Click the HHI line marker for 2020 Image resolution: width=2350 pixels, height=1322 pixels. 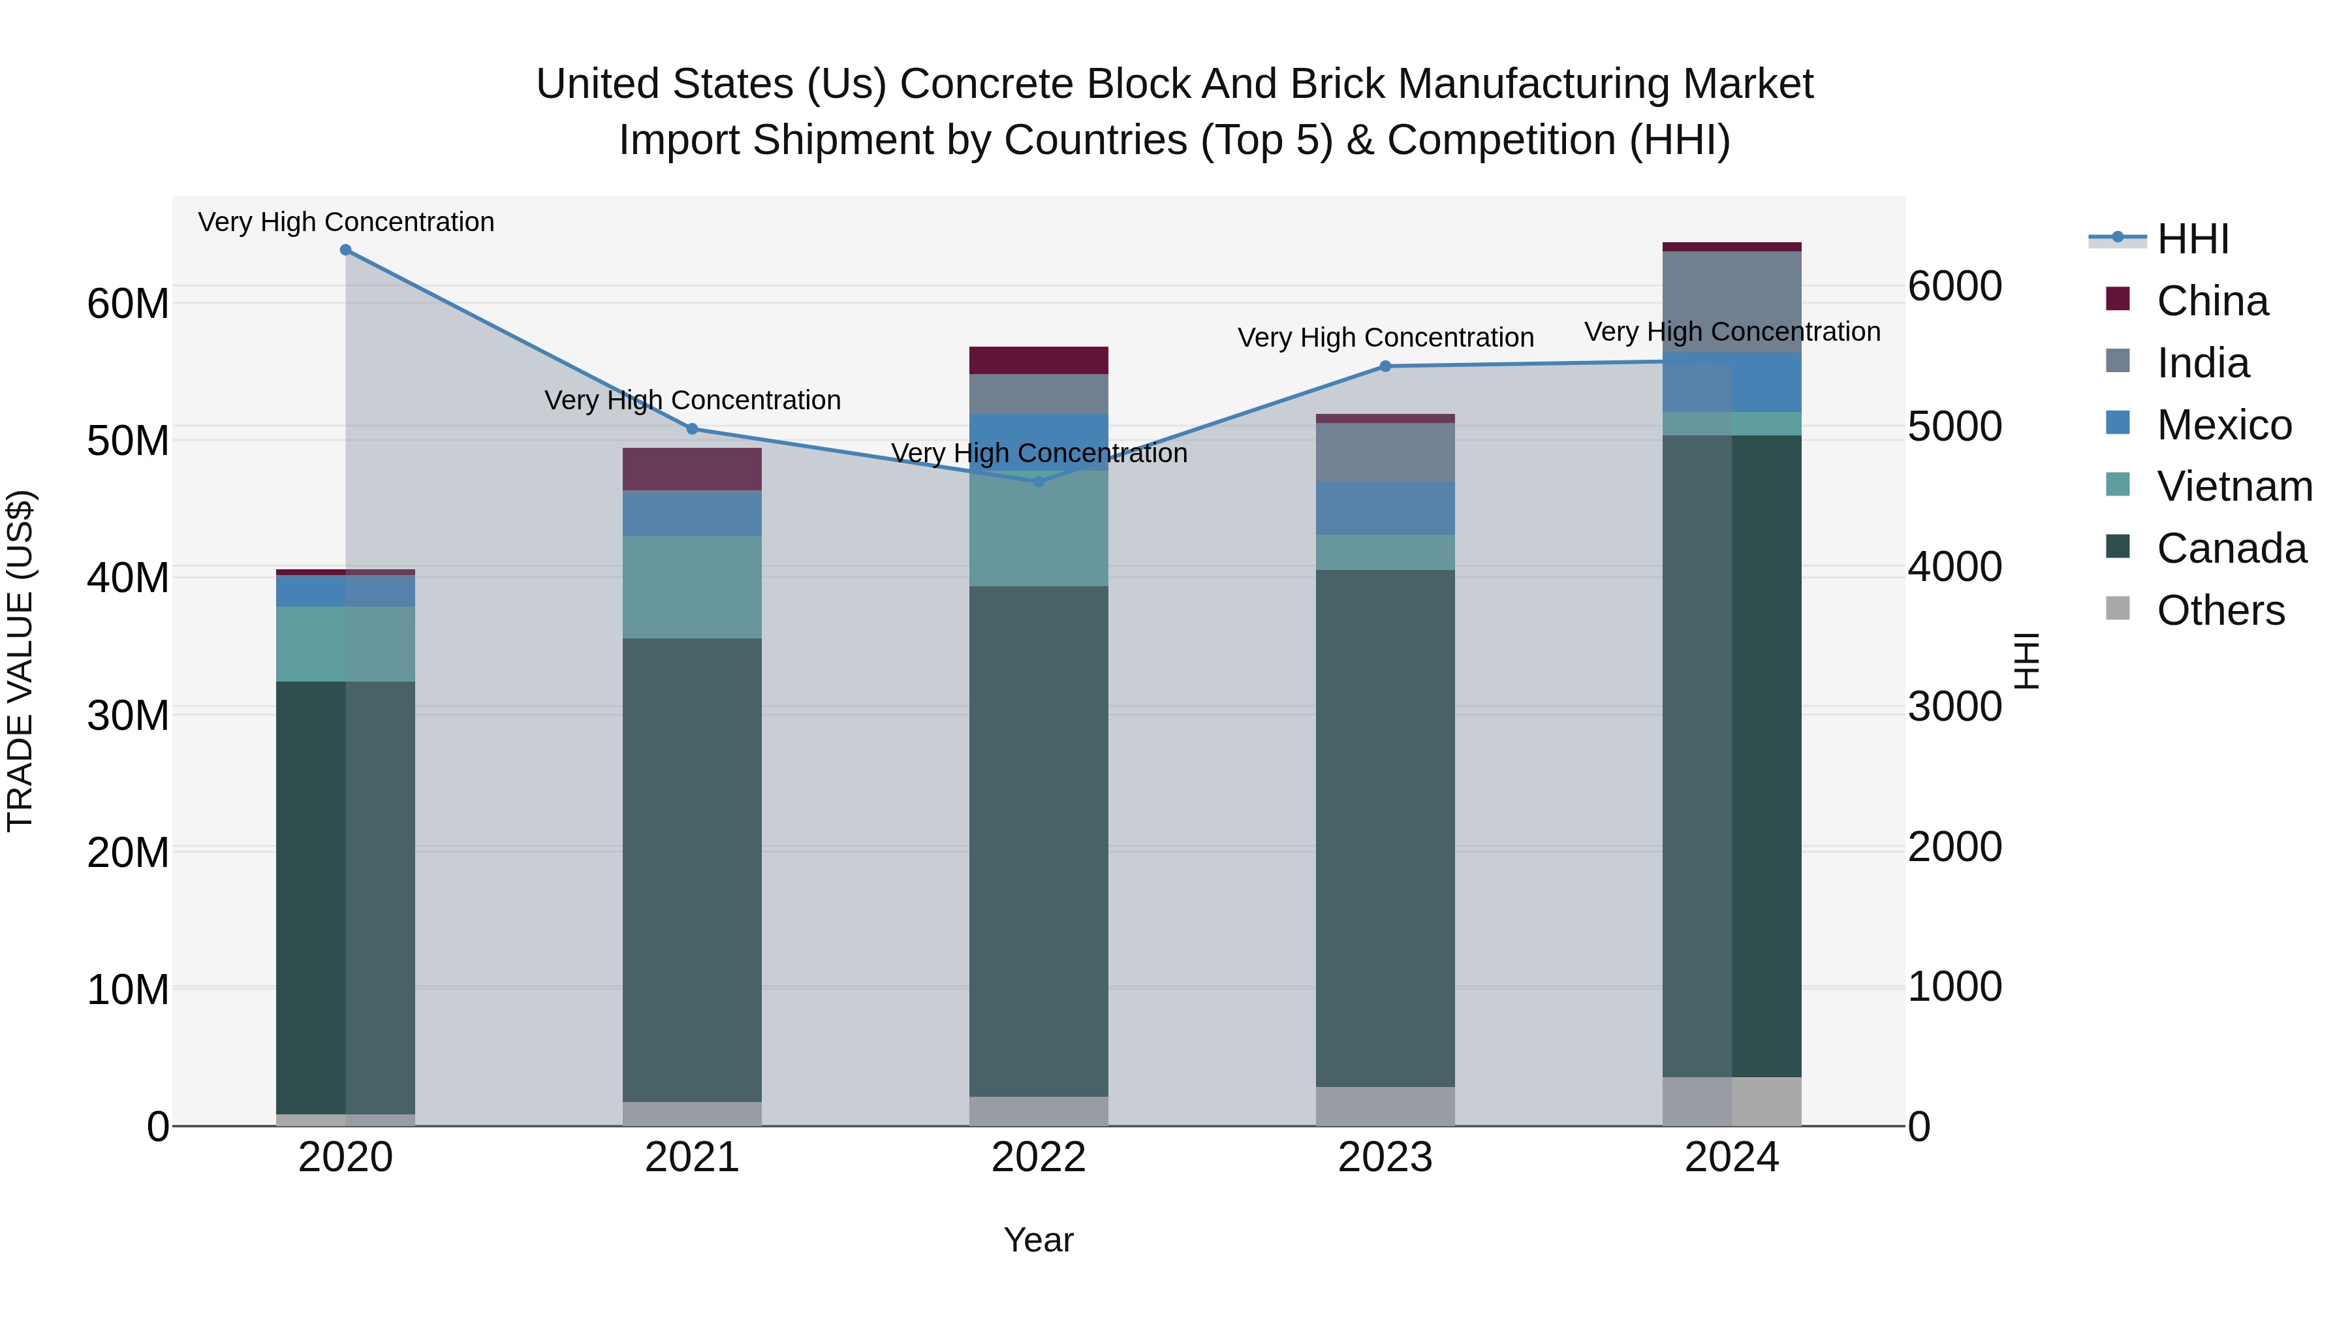click(x=346, y=250)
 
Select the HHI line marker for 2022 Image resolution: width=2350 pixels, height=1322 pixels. click(x=1038, y=482)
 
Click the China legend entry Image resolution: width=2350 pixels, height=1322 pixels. click(x=2212, y=301)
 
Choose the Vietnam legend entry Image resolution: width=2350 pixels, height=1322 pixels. click(x=2233, y=486)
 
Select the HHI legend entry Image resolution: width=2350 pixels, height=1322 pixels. click(x=2192, y=239)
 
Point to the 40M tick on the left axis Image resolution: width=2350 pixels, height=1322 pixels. click(x=128, y=578)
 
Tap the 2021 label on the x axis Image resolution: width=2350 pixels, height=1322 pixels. click(x=691, y=1157)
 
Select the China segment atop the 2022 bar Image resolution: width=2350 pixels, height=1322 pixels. click(x=1038, y=360)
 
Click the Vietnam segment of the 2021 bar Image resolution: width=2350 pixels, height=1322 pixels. click(x=691, y=587)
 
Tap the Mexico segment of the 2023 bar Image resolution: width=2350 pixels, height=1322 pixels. click(x=1385, y=508)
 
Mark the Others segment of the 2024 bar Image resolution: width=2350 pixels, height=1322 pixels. click(x=1731, y=1101)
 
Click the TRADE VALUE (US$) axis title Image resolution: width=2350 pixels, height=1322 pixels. click(x=20, y=661)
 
